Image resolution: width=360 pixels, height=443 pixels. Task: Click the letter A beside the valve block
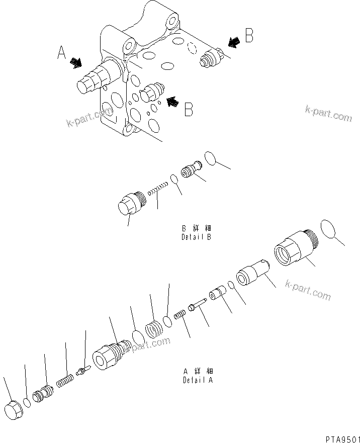[61, 52]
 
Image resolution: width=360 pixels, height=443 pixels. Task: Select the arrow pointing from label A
[75, 62]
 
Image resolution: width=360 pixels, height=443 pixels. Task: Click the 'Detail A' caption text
[198, 376]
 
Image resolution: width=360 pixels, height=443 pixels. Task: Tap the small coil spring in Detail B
[158, 190]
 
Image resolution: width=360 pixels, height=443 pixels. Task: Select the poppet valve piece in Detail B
[191, 168]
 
